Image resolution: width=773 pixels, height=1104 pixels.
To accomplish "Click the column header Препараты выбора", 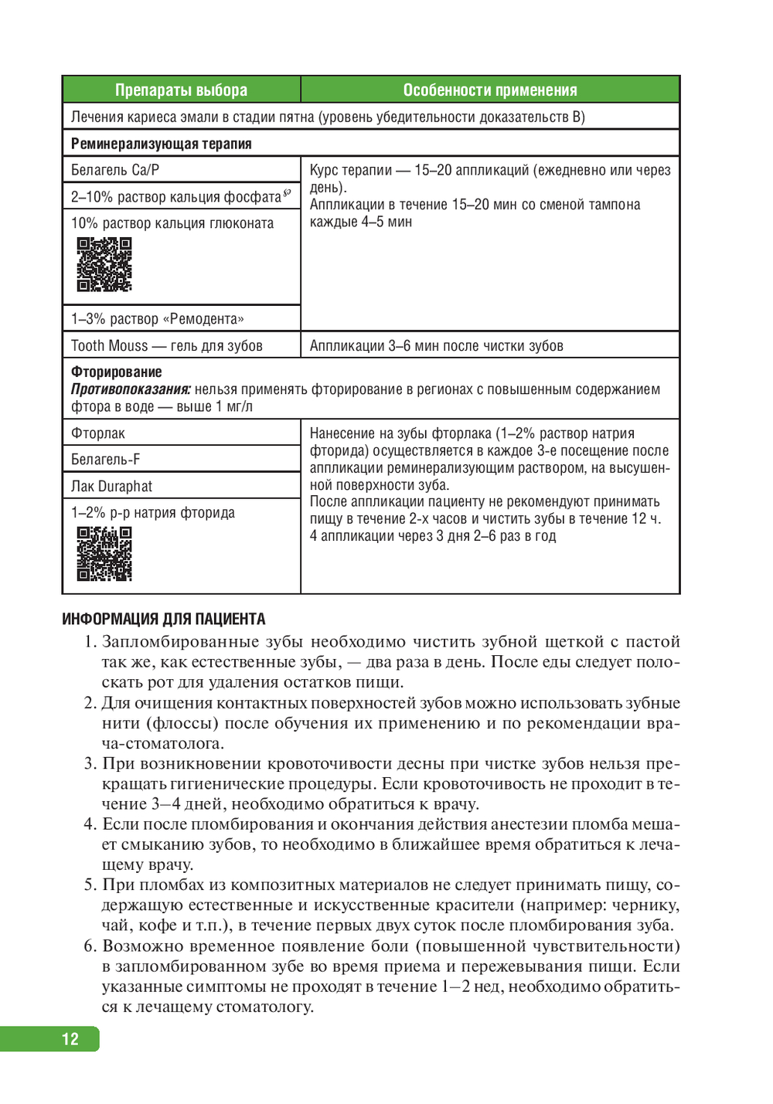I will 181,90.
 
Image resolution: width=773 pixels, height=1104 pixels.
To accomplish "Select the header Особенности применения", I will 489,90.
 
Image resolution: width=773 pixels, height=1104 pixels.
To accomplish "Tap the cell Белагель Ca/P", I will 115,170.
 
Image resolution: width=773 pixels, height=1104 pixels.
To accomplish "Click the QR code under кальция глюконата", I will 104,264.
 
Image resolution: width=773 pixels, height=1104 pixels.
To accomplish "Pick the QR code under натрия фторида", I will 104,553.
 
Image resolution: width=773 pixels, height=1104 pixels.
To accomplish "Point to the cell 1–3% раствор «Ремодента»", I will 158,319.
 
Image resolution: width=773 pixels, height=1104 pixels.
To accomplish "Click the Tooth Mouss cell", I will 167,346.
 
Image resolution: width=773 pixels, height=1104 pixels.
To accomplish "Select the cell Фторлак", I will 98,433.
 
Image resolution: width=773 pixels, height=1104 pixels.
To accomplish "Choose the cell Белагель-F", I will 106,460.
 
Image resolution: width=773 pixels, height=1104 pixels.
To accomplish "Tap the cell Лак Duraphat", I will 112,487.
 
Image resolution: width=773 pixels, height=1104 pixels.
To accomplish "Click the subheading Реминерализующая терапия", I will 161,144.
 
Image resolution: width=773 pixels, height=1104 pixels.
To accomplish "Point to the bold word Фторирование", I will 117,372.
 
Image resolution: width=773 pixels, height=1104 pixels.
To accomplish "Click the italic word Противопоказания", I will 131,389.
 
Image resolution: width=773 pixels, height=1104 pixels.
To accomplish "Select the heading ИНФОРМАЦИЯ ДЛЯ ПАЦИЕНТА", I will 163,619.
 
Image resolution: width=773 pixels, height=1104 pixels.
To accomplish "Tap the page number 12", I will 70,1039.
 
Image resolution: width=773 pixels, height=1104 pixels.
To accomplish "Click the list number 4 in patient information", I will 90,824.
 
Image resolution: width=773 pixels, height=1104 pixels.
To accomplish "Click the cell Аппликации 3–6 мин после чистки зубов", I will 436,346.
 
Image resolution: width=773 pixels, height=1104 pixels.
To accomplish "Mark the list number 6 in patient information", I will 90,946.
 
